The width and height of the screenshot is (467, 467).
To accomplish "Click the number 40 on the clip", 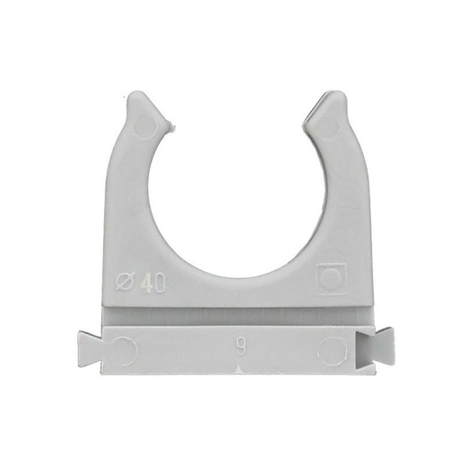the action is (x=155, y=283).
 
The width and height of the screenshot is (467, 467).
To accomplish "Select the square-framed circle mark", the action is (x=331, y=279).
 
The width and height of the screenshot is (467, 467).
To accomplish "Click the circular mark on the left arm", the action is (x=146, y=127).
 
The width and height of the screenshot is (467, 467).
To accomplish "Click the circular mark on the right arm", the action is (x=328, y=127).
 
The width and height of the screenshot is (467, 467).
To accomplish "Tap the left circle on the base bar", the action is (x=123, y=351).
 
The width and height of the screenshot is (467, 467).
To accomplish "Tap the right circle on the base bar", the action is (x=332, y=351).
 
